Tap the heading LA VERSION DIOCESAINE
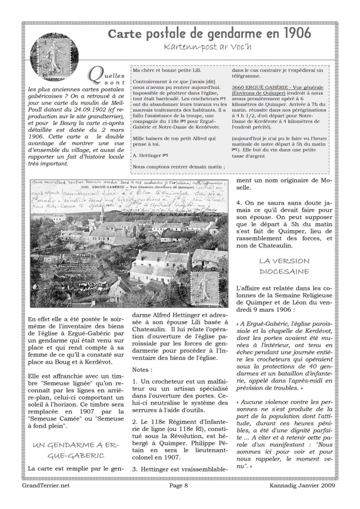(x=284, y=266)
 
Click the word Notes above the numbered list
(x=142, y=369)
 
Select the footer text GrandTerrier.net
(x=47, y=484)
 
